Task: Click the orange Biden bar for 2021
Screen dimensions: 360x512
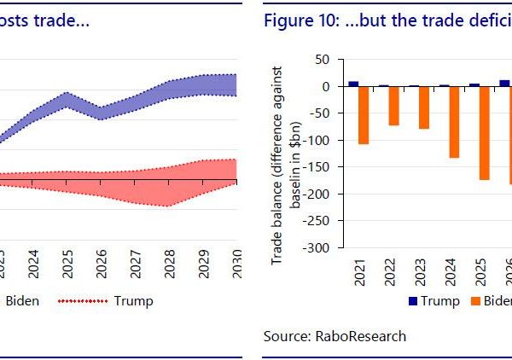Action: point(364,114)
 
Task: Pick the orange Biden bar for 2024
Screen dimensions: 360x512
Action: point(454,122)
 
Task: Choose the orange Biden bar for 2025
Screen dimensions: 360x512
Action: point(484,133)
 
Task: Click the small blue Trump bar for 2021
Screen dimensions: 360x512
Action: point(353,84)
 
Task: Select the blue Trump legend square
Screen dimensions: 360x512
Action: point(414,300)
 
